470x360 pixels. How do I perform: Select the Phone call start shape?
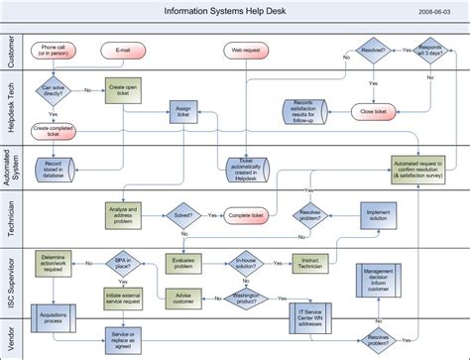coord(55,50)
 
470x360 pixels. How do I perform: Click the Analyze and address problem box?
coord(123,213)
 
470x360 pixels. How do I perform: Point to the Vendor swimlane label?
coord(10,337)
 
